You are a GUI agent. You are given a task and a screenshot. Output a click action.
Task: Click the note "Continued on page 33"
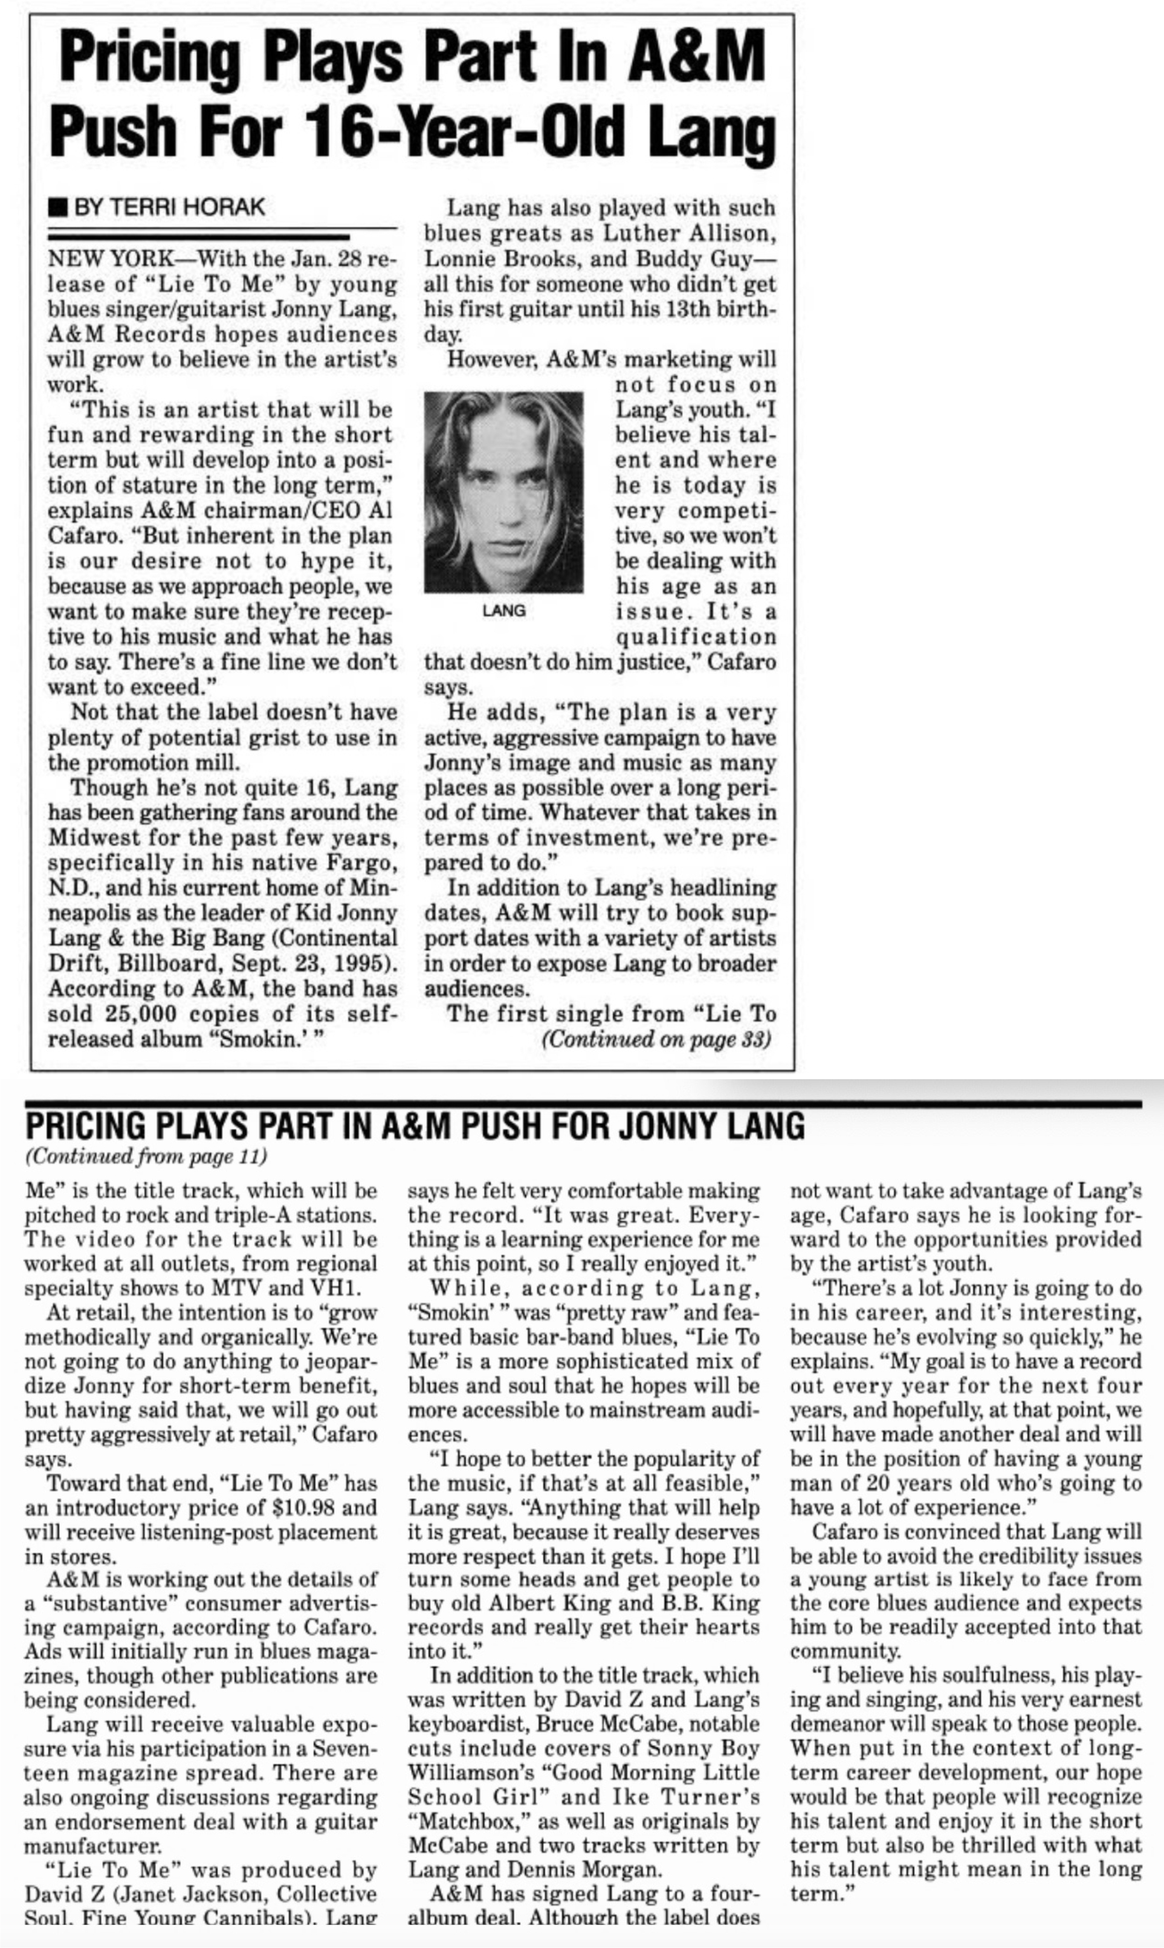[x=656, y=1039]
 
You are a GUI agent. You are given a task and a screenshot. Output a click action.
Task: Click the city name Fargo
[x=361, y=863]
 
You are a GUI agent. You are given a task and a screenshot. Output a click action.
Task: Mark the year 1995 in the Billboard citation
[x=369, y=963]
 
